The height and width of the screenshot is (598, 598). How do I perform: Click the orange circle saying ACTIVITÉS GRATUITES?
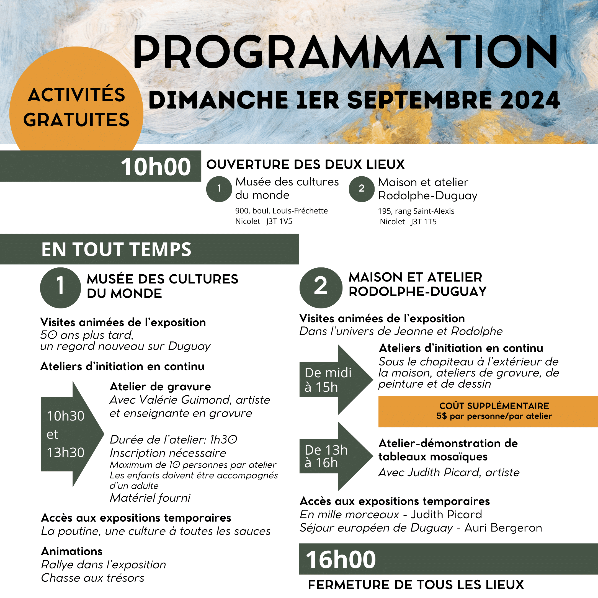pyautogui.click(x=76, y=107)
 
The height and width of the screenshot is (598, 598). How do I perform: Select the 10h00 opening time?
pyautogui.click(x=156, y=167)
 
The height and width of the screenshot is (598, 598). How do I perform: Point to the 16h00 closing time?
pyautogui.click(x=341, y=560)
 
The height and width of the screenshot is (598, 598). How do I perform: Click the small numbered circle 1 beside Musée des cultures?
pyautogui.click(x=219, y=189)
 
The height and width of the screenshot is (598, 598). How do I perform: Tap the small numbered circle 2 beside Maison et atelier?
pyautogui.click(x=361, y=189)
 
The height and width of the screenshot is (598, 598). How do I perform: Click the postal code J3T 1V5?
pyautogui.click(x=279, y=221)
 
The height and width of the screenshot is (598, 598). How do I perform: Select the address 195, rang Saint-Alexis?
pyautogui.click(x=416, y=211)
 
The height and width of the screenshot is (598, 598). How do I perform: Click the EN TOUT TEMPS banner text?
pyautogui.click(x=116, y=249)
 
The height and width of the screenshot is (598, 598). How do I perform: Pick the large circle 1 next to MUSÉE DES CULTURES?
pyautogui.click(x=60, y=288)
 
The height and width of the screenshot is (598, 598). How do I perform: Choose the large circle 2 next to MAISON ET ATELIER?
pyautogui.click(x=321, y=288)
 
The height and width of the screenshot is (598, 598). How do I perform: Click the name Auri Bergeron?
pyautogui.click(x=503, y=528)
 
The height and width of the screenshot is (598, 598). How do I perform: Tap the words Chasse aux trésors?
pyautogui.click(x=92, y=578)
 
